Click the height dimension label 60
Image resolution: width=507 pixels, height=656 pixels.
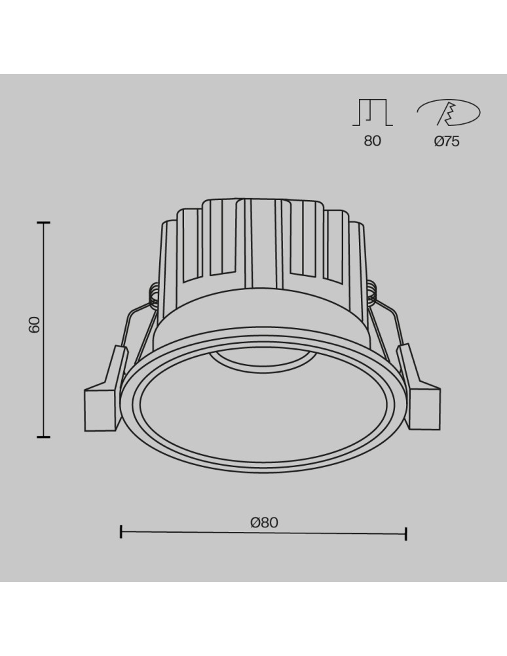35,324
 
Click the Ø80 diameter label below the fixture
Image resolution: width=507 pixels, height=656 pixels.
264,522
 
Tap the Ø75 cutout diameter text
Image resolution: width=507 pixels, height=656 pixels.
447,141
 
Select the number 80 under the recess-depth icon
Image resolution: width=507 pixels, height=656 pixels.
372,141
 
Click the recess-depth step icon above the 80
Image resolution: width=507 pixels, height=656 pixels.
372,112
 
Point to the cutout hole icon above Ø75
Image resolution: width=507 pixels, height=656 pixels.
449,113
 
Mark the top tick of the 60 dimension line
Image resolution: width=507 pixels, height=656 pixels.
43,223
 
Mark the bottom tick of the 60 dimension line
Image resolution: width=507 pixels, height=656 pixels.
43,436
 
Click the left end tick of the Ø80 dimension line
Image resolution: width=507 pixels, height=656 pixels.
121,531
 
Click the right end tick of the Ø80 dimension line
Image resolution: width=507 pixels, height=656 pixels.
406,533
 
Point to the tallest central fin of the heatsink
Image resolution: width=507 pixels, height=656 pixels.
262,243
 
